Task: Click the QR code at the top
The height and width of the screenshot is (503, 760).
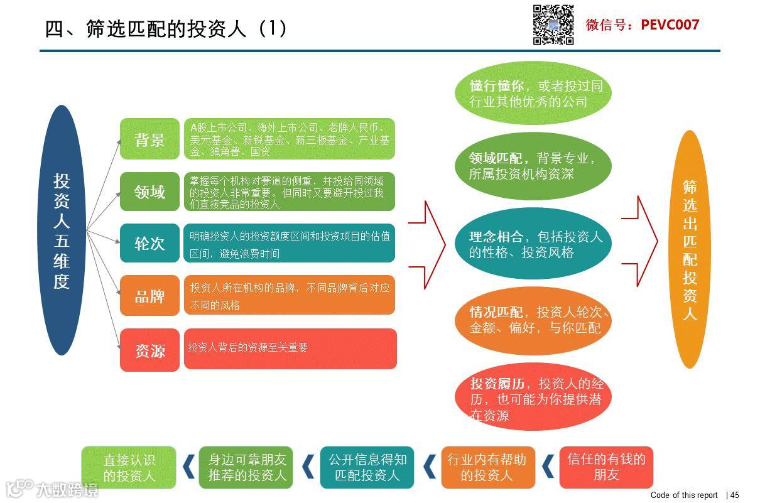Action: pyautogui.click(x=553, y=25)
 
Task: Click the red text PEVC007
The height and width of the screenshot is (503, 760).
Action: pyautogui.click(x=670, y=25)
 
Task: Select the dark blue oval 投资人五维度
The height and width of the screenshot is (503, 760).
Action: pyautogui.click(x=61, y=230)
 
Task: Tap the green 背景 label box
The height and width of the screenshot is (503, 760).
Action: pyautogui.click(x=149, y=139)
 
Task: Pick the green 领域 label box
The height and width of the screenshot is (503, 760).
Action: pyautogui.click(x=149, y=192)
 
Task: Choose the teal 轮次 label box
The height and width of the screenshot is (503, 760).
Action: pyautogui.click(x=149, y=243)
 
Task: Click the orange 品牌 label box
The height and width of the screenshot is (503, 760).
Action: pyautogui.click(x=149, y=295)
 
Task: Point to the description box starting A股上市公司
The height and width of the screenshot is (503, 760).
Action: pyautogui.click(x=290, y=139)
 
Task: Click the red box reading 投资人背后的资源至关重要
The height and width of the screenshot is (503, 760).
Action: pyautogui.click(x=290, y=349)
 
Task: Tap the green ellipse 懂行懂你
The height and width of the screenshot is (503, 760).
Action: pyautogui.click(x=533, y=94)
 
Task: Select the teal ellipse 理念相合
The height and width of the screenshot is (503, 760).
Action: pyautogui.click(x=533, y=244)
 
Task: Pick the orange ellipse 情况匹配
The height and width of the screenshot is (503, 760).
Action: pyautogui.click(x=533, y=320)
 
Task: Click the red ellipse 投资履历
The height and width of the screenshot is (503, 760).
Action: pyautogui.click(x=533, y=398)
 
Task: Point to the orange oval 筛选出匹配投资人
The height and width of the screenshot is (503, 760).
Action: pyautogui.click(x=690, y=249)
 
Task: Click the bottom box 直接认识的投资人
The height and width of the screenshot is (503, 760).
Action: pyautogui.click(x=129, y=468)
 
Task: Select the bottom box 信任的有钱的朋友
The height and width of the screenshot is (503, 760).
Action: pyautogui.click(x=606, y=467)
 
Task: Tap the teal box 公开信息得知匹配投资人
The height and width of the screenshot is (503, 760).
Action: pyautogui.click(x=367, y=467)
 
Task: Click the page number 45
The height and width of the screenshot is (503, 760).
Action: pyautogui.click(x=734, y=495)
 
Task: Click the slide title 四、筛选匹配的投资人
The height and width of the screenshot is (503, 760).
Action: pyautogui.click(x=166, y=28)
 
